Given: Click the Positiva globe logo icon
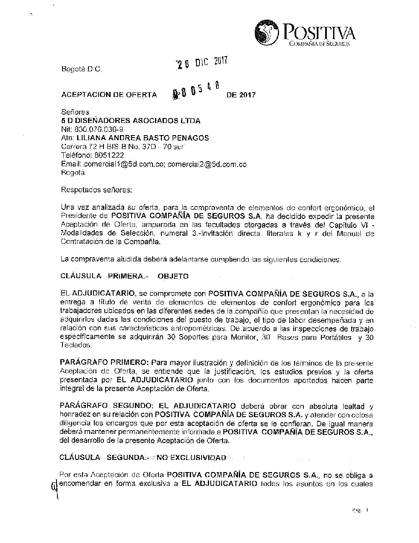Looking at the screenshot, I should tap(267, 31).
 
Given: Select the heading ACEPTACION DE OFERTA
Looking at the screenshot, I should tap(109, 95).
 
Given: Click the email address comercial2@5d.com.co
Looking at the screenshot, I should tap(207, 164).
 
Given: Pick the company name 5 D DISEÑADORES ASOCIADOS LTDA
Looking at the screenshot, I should tap(131, 121).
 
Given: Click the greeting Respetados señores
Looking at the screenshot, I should tap(96, 190).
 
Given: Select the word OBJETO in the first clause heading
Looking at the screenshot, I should tap(173, 276).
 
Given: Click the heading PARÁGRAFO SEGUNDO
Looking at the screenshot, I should tap(107, 406).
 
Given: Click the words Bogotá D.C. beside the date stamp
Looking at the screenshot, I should tap(81, 69).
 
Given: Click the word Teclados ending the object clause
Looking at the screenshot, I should tap(76, 345).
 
